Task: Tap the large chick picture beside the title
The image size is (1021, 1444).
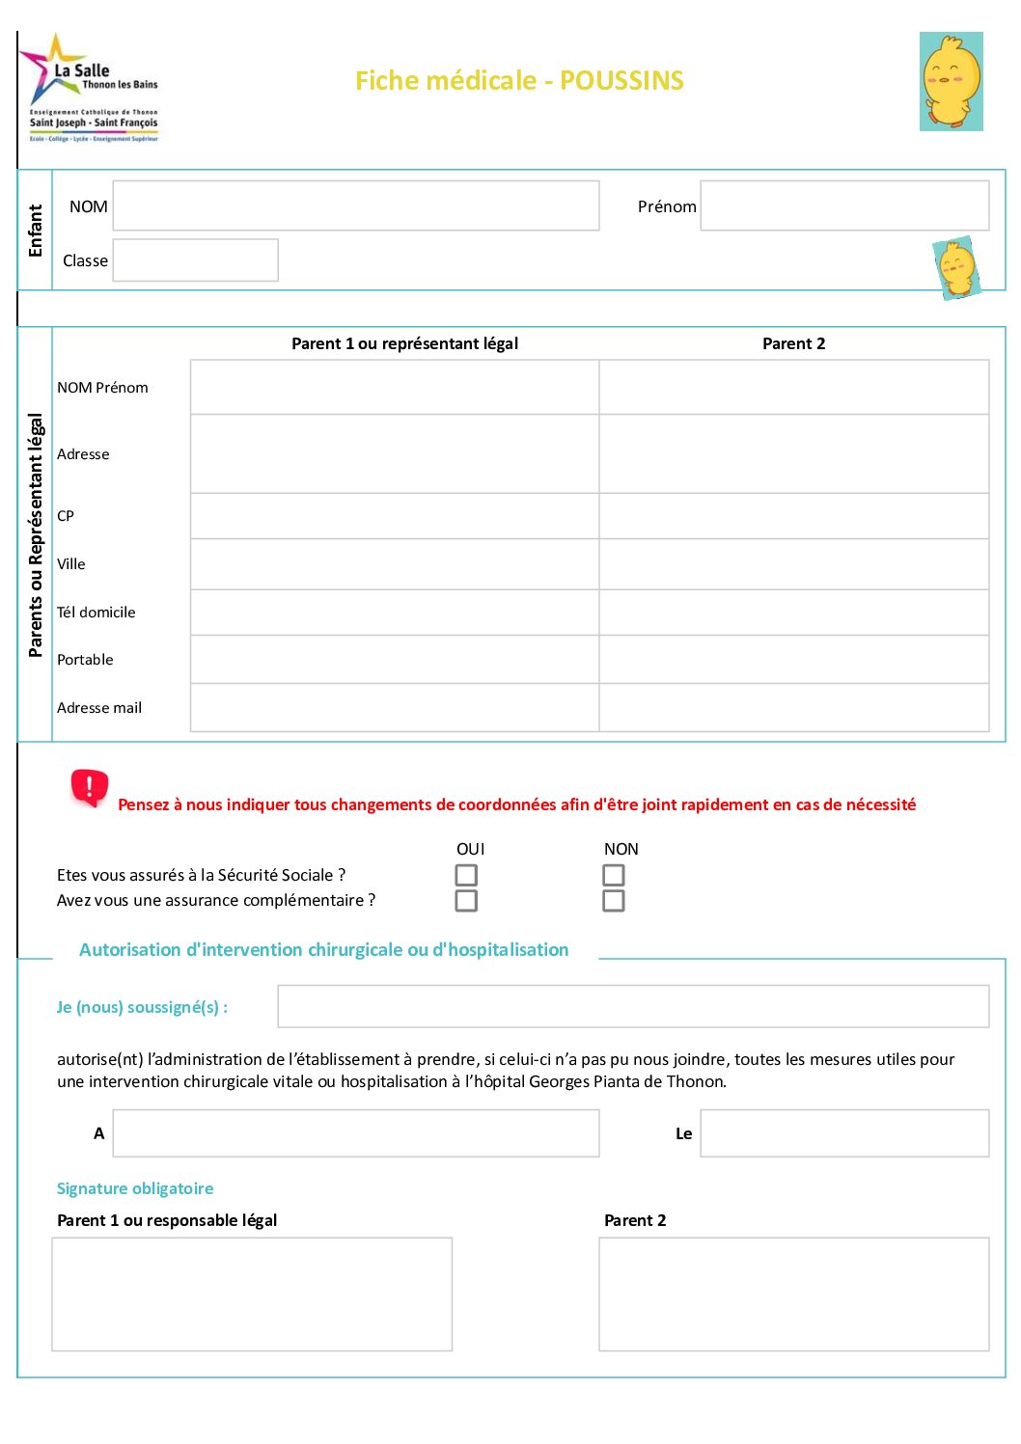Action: tap(952, 81)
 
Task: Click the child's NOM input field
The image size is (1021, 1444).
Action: tap(355, 205)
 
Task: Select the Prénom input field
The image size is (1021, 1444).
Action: tap(844, 205)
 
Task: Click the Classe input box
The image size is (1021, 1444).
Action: tap(195, 260)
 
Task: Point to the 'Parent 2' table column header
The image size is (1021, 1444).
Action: tap(793, 343)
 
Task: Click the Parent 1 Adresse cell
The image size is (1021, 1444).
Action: tap(395, 453)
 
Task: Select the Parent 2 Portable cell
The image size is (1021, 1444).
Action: tap(793, 659)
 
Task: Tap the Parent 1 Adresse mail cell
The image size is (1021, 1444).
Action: tap(395, 707)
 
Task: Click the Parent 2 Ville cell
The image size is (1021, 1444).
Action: tap(793, 563)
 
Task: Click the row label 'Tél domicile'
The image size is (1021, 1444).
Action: tap(97, 613)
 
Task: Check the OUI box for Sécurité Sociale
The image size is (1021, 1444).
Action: tap(466, 875)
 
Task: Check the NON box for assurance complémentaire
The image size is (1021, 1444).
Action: tap(614, 901)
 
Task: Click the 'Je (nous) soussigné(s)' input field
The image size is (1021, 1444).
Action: tap(633, 1006)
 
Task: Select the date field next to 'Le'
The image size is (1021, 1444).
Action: tap(844, 1132)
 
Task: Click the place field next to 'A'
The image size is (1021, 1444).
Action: tap(355, 1132)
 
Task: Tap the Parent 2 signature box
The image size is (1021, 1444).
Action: tap(793, 1294)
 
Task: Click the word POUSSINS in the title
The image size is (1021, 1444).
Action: tap(621, 80)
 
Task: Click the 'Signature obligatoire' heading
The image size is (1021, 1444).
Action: tap(135, 1188)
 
